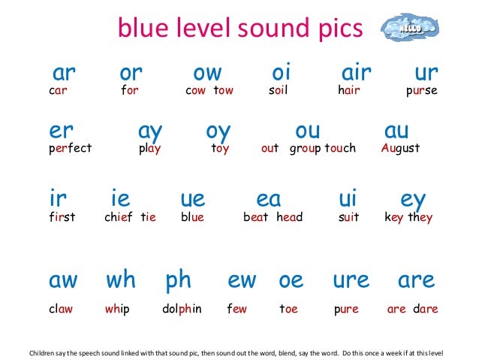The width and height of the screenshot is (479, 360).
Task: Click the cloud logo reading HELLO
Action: (x=408, y=28)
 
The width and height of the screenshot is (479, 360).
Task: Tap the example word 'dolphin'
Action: (x=182, y=309)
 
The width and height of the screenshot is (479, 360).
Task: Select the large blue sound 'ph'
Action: (x=179, y=280)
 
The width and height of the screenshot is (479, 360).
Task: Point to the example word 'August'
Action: (x=400, y=148)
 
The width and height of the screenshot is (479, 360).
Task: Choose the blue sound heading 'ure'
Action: (x=351, y=280)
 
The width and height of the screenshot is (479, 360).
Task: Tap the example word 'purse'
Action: (x=421, y=92)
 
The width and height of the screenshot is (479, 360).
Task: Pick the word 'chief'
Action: (x=119, y=218)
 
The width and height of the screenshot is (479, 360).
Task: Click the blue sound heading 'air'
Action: (x=357, y=73)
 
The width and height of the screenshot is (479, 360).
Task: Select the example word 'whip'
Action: (x=117, y=309)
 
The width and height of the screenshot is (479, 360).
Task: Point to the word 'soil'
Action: (x=278, y=92)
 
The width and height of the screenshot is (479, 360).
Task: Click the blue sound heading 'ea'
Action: (x=269, y=199)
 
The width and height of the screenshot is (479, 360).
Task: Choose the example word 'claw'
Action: (x=61, y=309)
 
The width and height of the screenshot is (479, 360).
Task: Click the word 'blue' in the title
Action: (x=142, y=30)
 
